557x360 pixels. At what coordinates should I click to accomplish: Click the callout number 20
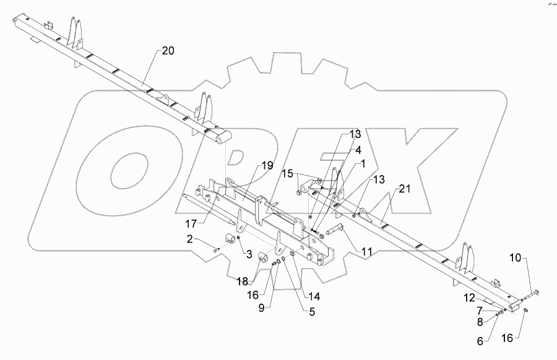tap(168, 51)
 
